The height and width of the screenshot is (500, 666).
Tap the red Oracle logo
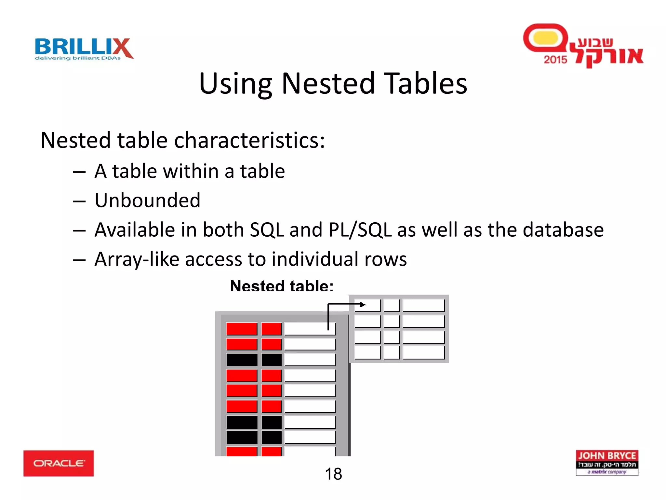[59, 463]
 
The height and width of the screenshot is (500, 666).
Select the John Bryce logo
[607, 463]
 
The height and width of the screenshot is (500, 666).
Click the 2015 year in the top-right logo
[555, 60]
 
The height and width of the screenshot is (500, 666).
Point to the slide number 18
[333, 474]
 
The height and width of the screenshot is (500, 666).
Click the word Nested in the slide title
[328, 84]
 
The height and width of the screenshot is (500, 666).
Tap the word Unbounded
[147, 200]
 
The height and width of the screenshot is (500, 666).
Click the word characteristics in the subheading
[249, 141]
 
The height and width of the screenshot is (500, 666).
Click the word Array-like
[137, 259]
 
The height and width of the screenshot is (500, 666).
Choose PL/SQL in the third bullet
[360, 230]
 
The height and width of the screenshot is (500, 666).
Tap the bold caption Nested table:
[282, 286]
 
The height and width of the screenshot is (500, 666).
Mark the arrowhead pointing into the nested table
[363, 305]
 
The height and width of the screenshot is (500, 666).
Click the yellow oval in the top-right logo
[546, 38]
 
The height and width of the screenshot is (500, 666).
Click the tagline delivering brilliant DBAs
[78, 58]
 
